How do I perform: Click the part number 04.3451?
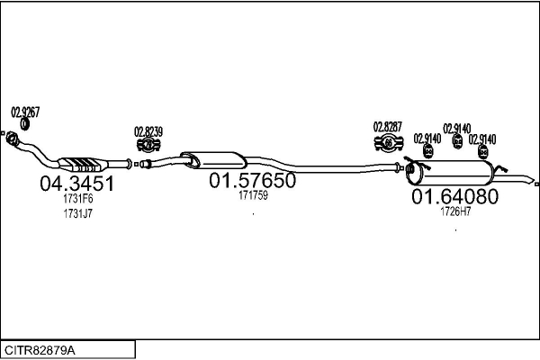pos(76,184)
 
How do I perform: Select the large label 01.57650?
pos(252,180)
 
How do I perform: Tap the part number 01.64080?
pos(454,196)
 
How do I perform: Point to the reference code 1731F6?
pos(78,199)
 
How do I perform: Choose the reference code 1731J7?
pos(78,213)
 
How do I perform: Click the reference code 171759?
pos(253,195)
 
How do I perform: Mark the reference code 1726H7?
pos(455,211)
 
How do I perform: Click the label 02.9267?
pos(25,112)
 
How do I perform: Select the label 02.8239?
pos(148,131)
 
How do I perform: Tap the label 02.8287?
pos(388,127)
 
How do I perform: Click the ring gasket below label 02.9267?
pos(24,124)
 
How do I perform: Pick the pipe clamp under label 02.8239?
pos(148,145)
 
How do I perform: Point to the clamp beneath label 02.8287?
pos(389,142)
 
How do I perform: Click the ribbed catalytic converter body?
pos(83,164)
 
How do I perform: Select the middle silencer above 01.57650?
pos(213,160)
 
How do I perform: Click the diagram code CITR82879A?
pos(40,350)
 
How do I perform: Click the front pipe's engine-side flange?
pos(12,137)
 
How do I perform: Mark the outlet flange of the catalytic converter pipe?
pos(129,164)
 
